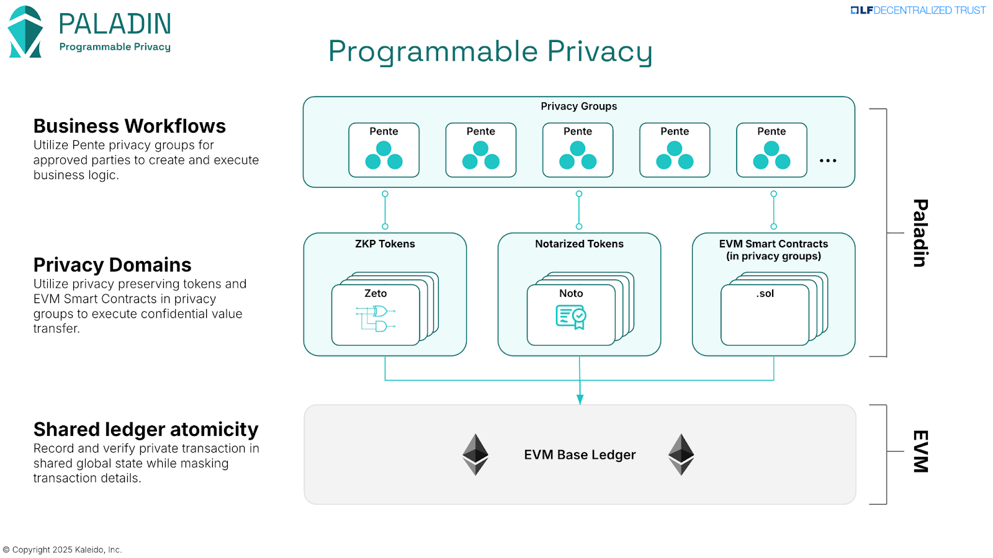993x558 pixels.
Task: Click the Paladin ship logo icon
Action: (x=25, y=32)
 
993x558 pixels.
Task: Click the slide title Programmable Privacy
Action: (x=490, y=51)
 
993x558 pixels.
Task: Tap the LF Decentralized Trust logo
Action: (x=918, y=11)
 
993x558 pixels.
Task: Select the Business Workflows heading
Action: (x=129, y=126)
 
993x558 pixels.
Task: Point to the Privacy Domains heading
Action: (x=112, y=265)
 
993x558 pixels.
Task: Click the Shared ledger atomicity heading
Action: (x=146, y=430)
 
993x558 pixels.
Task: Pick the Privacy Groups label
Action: (x=578, y=107)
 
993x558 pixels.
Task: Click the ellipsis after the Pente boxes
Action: (x=828, y=161)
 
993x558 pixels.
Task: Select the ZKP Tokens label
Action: (x=385, y=244)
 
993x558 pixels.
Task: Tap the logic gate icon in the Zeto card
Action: (x=376, y=319)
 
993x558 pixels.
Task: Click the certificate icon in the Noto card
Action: (x=571, y=317)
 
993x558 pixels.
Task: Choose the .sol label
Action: (x=765, y=294)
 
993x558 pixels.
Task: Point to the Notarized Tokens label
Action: (x=579, y=244)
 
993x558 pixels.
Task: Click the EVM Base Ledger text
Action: (x=580, y=455)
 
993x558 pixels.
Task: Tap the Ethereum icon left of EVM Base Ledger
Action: (x=475, y=454)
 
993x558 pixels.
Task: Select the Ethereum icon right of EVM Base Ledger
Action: (x=681, y=454)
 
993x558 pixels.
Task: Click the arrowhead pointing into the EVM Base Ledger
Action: (x=580, y=400)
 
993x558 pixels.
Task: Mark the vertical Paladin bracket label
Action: (x=920, y=233)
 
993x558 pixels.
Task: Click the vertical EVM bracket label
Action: (x=920, y=451)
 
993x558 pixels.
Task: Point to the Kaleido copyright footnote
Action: (x=63, y=550)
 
